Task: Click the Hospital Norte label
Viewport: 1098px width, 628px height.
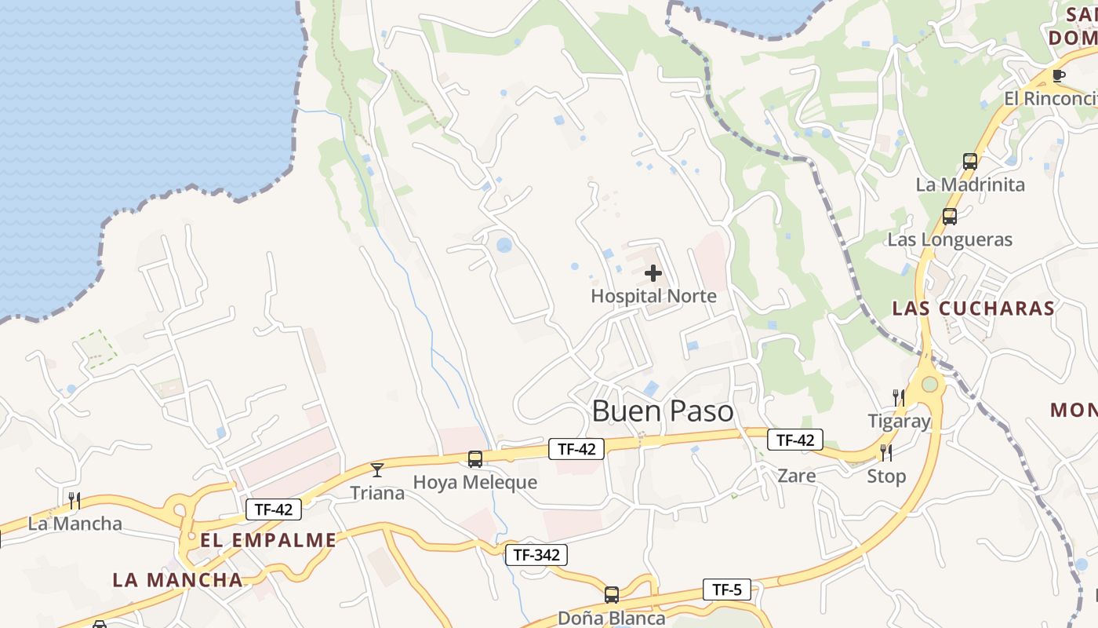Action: (x=653, y=296)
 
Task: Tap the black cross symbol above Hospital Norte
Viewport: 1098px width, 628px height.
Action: (x=653, y=273)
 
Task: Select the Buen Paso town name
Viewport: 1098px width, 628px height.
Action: (x=663, y=411)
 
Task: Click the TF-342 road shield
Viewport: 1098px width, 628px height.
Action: (x=536, y=555)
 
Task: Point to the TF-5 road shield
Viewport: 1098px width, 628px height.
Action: (x=726, y=589)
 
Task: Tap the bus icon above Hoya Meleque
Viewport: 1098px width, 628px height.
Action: (x=475, y=459)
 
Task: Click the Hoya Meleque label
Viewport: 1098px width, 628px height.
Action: (x=475, y=482)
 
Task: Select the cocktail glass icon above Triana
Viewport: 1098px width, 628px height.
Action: (x=377, y=470)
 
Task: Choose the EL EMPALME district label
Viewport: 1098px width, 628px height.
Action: (x=268, y=540)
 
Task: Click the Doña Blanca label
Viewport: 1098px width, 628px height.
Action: (x=612, y=618)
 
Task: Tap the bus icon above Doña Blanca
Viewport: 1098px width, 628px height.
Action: (x=612, y=595)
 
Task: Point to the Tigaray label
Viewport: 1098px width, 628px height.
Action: (x=899, y=421)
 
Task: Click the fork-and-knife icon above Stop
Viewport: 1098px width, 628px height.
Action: (x=886, y=453)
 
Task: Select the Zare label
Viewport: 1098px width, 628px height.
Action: (x=796, y=476)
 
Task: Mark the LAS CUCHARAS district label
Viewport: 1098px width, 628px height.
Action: (x=974, y=308)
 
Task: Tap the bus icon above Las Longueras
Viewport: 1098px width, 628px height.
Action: (x=950, y=217)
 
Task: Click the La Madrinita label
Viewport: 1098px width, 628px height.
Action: (x=970, y=184)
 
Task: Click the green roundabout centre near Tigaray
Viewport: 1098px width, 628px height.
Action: (x=930, y=385)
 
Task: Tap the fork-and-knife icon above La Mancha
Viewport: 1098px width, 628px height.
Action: (x=75, y=500)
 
